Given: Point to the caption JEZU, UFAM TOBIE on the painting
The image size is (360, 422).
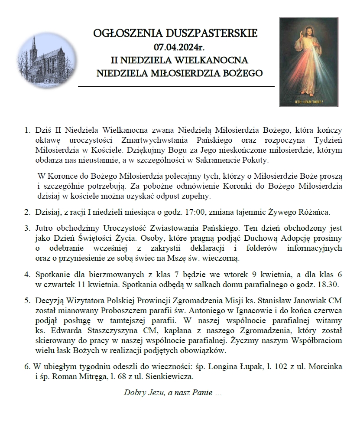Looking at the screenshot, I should [x=308, y=102].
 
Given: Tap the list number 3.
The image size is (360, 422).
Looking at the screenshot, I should [x=27, y=228].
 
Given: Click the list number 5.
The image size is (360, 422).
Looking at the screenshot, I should [x=27, y=300].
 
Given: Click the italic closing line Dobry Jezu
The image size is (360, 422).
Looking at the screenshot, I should [x=173, y=393].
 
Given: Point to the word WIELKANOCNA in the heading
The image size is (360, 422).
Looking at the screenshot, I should [x=218, y=59].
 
